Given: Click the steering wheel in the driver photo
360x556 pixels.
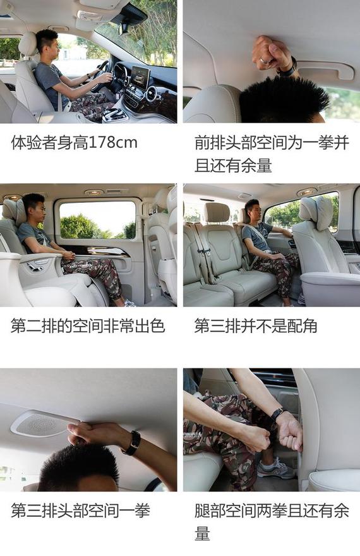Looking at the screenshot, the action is pyautogui.click(x=100, y=75).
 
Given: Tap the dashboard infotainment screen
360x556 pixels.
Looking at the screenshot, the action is pyautogui.click(x=140, y=77).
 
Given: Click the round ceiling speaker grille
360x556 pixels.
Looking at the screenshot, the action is pyautogui.click(x=40, y=424).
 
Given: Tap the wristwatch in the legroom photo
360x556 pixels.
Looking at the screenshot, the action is pyautogui.click(x=277, y=415).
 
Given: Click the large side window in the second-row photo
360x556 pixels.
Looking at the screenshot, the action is pyautogui.click(x=97, y=221).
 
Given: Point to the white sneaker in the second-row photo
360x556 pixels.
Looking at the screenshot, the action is pyautogui.click(x=129, y=303).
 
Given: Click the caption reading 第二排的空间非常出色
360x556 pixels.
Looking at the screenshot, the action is pyautogui.click(x=88, y=326).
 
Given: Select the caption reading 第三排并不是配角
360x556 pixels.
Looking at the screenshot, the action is pyautogui.click(x=255, y=326).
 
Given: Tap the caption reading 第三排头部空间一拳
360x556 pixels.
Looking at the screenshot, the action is pyautogui.click(x=80, y=511).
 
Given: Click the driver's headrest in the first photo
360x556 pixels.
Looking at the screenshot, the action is pyautogui.click(x=28, y=44).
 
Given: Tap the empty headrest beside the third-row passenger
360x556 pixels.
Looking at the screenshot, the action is pyautogui.click(x=217, y=212).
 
